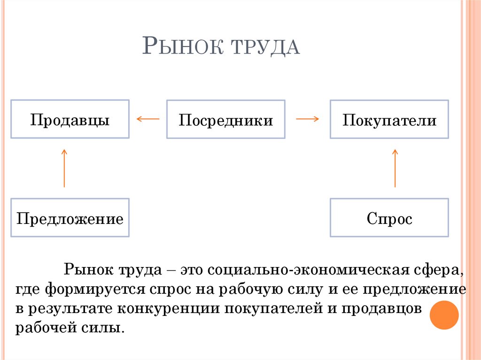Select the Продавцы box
(70, 119)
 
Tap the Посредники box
(225, 119)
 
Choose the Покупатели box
(389, 119)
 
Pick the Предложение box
(70, 218)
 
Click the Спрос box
(389, 218)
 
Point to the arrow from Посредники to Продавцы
(147, 119)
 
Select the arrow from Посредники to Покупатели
(307, 119)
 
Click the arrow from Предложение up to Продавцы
(64, 168)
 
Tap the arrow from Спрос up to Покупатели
(395, 168)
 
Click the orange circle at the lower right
(444, 315)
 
